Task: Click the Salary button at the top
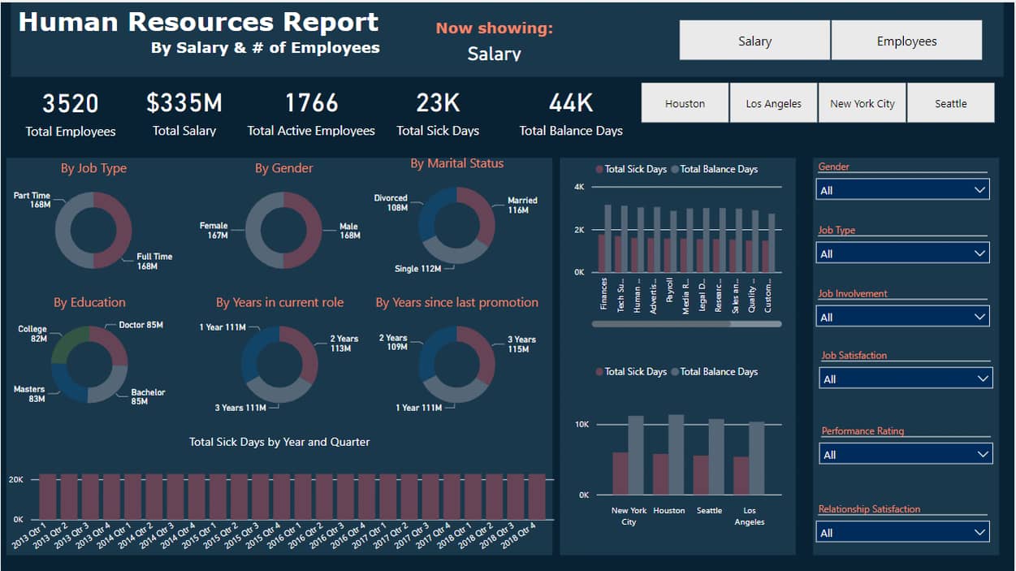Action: (754, 41)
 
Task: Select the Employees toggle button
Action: (906, 41)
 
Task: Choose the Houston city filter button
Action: (685, 103)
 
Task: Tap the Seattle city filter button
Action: (950, 103)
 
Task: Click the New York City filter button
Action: (862, 103)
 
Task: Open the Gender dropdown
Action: (902, 190)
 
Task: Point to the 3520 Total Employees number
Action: (71, 104)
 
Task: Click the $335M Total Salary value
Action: (184, 103)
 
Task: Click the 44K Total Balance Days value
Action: (571, 103)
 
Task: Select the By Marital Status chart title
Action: (456, 163)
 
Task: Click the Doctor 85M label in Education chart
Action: (141, 325)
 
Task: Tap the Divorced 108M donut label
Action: (391, 202)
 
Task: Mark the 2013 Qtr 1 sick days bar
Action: (48, 496)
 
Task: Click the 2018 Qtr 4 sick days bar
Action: (537, 496)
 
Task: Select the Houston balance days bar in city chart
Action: (676, 455)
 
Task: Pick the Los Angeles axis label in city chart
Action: (749, 516)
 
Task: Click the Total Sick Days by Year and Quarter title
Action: (279, 442)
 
